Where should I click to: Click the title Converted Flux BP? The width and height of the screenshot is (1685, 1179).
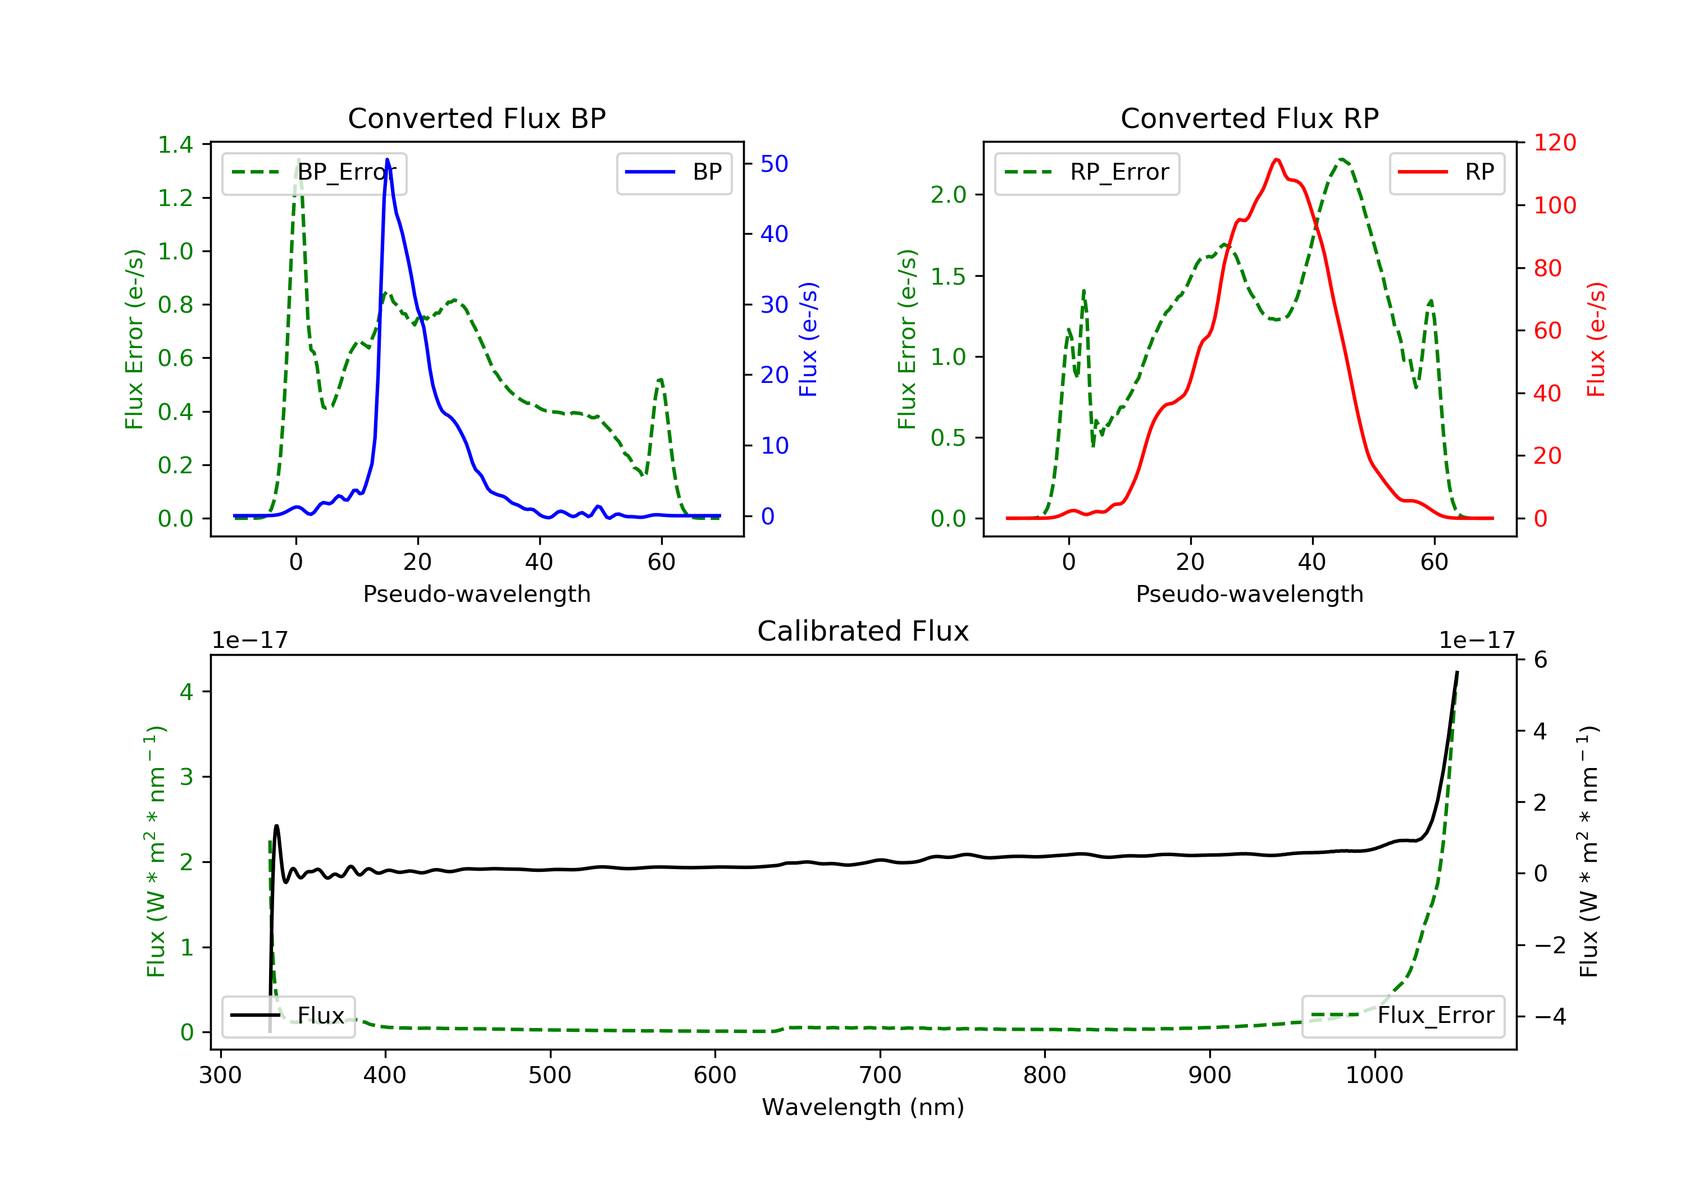[x=476, y=118]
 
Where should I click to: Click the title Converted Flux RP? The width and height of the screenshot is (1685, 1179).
[x=1249, y=118]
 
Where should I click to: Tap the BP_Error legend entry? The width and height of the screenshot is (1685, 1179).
[x=314, y=172]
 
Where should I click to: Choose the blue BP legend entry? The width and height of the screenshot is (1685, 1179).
[x=673, y=172]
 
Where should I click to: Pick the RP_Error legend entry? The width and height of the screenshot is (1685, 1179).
[x=1086, y=172]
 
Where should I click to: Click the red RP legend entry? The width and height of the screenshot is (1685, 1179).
[x=1446, y=172]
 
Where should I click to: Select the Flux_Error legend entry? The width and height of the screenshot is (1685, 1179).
[x=1402, y=1016]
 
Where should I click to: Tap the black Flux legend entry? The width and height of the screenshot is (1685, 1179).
[x=289, y=1016]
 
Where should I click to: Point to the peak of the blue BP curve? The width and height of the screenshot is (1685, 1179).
[x=388, y=160]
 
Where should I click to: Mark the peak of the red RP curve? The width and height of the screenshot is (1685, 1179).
[x=1277, y=160]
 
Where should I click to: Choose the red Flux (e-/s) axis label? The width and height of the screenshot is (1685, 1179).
[x=1596, y=339]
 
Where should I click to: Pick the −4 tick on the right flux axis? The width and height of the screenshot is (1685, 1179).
[x=1550, y=1016]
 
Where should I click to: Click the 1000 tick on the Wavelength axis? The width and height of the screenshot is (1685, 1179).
[x=1374, y=1076]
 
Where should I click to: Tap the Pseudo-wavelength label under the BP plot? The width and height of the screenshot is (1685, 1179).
[x=476, y=593]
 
